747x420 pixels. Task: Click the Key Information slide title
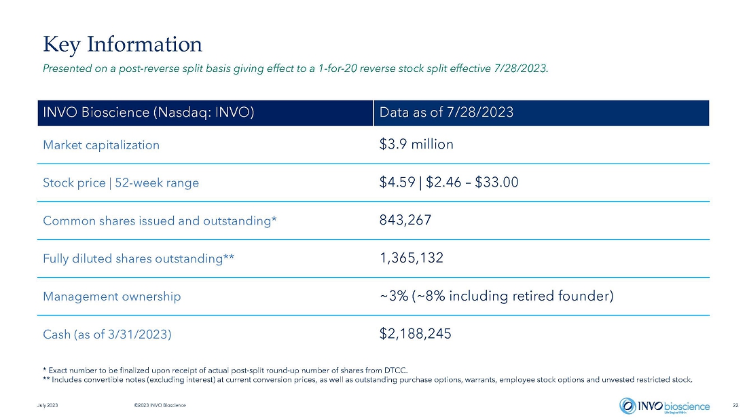tap(122, 44)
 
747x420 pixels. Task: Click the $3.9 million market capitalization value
tap(416, 145)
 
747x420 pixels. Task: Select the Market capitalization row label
tap(101, 145)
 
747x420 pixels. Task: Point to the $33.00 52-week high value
tap(496, 183)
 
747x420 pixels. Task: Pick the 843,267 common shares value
tap(405, 220)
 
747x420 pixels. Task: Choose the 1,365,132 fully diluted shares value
tap(412, 258)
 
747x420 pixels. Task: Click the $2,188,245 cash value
tap(415, 334)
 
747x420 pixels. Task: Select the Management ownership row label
tap(112, 297)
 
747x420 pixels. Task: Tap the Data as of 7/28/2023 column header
tap(446, 113)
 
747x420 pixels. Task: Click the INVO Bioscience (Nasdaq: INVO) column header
tap(149, 113)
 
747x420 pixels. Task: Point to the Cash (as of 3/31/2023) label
tap(107, 335)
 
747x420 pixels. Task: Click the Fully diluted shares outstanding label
tap(139, 259)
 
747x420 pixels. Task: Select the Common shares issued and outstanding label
tap(160, 221)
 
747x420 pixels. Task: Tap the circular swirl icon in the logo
tap(627, 406)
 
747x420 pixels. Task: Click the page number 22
tap(735, 405)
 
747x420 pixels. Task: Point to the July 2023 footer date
tap(48, 405)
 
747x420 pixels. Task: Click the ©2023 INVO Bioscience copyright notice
tap(160, 405)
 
